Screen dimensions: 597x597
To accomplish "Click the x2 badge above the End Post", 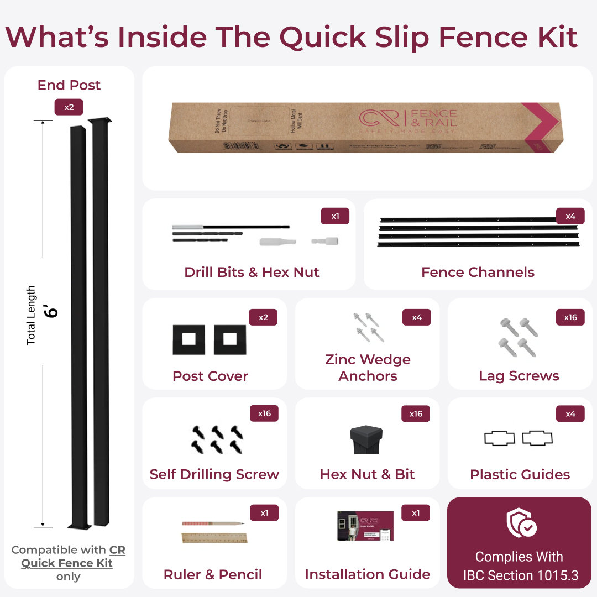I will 69,107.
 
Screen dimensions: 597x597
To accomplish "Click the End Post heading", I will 69,85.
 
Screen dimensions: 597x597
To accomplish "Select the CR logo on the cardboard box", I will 382,118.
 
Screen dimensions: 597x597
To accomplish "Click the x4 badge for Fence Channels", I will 570,216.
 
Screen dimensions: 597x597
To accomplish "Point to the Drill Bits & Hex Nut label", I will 252,272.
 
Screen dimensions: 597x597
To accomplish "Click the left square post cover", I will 188,339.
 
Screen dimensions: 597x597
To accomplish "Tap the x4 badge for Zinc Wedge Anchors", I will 417,317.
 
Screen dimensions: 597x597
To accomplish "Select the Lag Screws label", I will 519,376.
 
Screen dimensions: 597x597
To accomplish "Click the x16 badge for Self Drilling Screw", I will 264,413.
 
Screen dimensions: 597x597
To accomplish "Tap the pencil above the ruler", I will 212,523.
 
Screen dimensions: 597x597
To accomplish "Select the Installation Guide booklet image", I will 365,525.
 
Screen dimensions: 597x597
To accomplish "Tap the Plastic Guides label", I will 520,474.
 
